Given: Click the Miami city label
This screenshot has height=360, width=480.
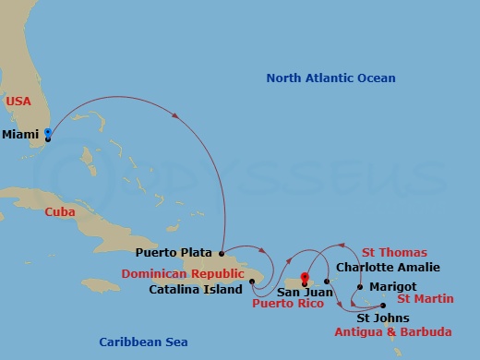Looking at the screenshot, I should (x=20, y=135).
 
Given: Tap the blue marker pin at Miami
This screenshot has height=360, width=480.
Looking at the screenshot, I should (x=48, y=133).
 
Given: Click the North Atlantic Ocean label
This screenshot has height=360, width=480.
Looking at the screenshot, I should (x=330, y=78).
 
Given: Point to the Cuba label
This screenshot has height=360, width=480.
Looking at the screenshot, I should (x=59, y=211).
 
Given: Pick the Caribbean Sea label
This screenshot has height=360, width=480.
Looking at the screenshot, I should (x=143, y=342).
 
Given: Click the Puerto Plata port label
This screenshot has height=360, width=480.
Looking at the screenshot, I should (x=174, y=252).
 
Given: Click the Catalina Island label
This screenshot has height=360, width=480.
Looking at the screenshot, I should (x=193, y=289).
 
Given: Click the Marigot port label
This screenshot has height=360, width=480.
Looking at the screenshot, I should (x=393, y=286).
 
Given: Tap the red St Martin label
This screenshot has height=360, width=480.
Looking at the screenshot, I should (x=425, y=299).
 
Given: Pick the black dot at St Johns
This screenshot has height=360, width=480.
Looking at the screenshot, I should (x=383, y=306).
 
